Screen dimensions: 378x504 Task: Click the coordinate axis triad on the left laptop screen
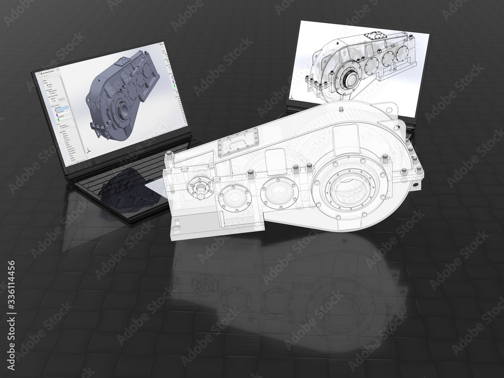pos(89,149)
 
